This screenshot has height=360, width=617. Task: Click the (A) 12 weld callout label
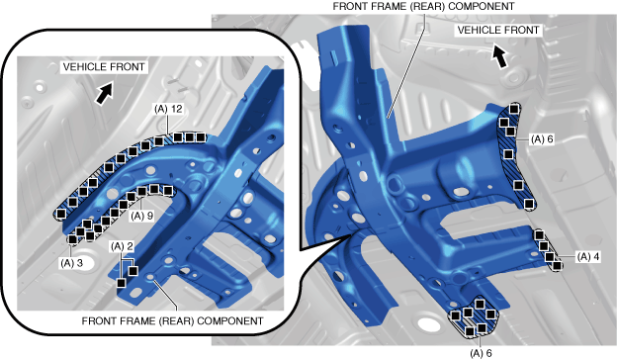click(x=168, y=109)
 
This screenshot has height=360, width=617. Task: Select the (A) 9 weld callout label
click(x=141, y=216)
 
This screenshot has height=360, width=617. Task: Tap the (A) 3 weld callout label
click(x=71, y=263)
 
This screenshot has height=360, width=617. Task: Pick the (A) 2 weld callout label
click(x=122, y=246)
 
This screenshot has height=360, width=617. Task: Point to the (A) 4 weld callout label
click(x=588, y=257)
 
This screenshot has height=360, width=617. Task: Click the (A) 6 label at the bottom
click(x=481, y=353)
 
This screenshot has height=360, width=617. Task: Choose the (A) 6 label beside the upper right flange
click(x=542, y=139)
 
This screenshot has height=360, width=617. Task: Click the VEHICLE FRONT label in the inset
click(x=104, y=67)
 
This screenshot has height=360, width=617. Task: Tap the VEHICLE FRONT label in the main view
click(x=498, y=30)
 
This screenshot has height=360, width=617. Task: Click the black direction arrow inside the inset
click(x=104, y=94)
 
